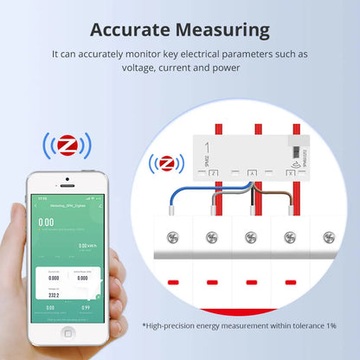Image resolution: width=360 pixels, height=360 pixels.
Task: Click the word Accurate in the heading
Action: pyautogui.click(x=132, y=29)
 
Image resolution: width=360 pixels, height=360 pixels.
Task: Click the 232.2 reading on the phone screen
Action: pyautogui.click(x=53, y=295)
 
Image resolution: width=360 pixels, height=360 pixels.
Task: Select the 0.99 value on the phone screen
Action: pyautogui.click(x=86, y=306)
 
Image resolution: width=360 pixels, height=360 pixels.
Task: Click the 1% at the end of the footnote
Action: pyautogui.click(x=331, y=325)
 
